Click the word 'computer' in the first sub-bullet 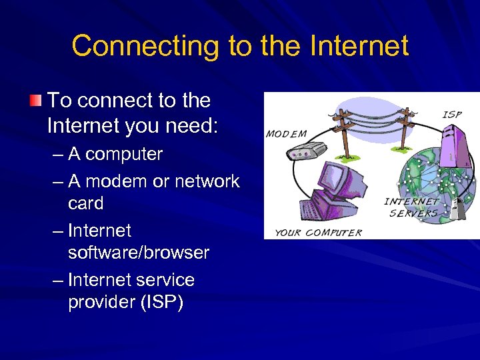124,154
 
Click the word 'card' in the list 85,203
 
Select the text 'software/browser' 138,253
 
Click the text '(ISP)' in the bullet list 161,302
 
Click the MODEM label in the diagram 286,133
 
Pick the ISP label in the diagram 452,115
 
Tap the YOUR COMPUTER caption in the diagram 319,233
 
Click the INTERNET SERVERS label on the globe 413,207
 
